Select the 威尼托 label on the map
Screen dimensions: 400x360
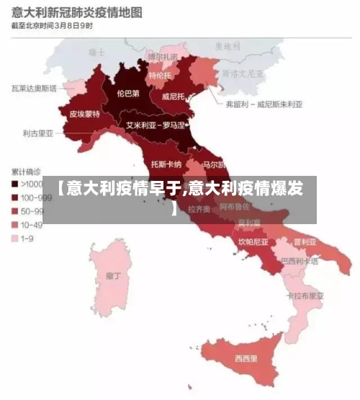click(x=175, y=95)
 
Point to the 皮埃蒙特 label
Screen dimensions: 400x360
click(x=84, y=114)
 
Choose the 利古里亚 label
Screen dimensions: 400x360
click(x=37, y=133)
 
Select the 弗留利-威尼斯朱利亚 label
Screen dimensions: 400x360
click(x=264, y=104)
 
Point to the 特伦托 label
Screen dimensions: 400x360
click(x=160, y=75)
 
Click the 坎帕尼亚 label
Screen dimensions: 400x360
click(x=253, y=241)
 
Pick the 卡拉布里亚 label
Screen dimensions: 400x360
click(x=305, y=295)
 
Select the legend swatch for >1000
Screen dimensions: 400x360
click(x=14, y=184)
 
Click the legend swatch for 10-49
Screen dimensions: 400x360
click(x=14, y=224)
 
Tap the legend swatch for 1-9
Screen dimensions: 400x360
click(x=14, y=238)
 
